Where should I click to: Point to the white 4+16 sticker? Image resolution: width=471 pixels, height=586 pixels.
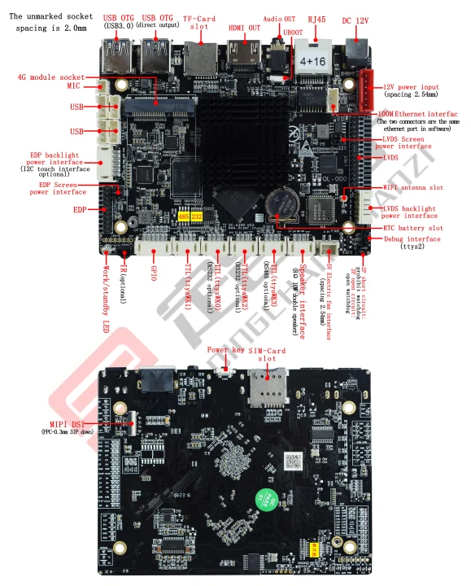(312, 61)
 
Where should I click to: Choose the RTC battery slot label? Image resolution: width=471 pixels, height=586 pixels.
(413, 228)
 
